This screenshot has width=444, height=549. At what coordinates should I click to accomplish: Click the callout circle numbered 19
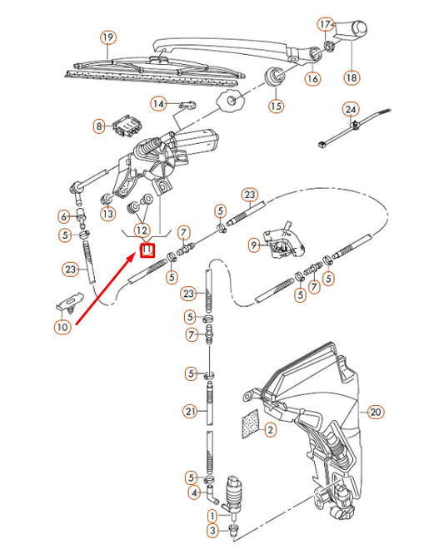point(107,37)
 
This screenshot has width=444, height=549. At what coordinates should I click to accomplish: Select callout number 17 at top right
point(325,24)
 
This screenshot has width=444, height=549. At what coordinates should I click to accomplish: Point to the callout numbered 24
point(351,110)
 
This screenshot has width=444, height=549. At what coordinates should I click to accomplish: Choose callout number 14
point(158,104)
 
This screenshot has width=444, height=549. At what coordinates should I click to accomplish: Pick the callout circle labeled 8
point(100,126)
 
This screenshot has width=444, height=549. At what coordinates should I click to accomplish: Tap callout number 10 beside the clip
point(62,327)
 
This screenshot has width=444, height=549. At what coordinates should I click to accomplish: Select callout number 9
point(254,245)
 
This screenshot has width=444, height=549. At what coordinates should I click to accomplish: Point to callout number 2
point(270,430)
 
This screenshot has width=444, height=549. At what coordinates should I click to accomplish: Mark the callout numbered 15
point(276,106)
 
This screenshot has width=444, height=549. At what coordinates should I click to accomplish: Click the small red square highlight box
point(147,248)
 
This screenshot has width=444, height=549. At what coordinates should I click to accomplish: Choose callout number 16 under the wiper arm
point(312,79)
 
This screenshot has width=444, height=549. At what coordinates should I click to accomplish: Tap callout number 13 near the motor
point(107,214)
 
